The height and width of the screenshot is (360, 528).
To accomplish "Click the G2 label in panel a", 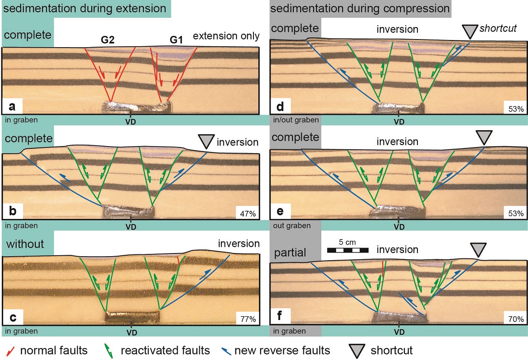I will pyautogui.click(x=108, y=40).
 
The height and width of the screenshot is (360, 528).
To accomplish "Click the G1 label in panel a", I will pyautogui.click(x=176, y=40).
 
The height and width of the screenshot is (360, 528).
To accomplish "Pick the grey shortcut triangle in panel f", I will pyautogui.click(x=478, y=249).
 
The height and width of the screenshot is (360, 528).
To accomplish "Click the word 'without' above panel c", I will pyautogui.click(x=25, y=244).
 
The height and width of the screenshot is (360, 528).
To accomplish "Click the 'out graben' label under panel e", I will pyautogui.click(x=291, y=226).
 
